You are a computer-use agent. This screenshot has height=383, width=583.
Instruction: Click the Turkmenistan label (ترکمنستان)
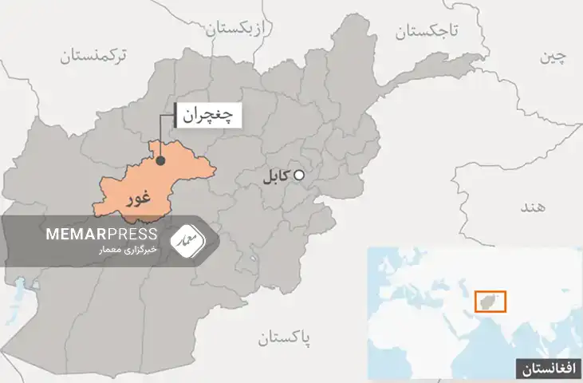click(98, 55)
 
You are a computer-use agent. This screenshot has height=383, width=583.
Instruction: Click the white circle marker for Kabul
click(299, 176)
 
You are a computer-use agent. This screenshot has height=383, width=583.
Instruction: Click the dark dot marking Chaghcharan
click(160, 160)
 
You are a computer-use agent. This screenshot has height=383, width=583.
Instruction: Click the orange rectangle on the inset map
click(490, 301)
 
